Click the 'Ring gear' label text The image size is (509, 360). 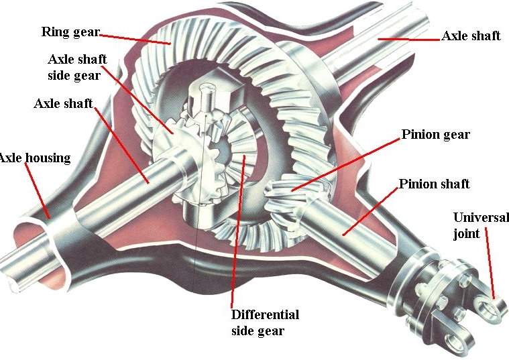click(x=70, y=32)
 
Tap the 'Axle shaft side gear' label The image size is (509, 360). click(x=77, y=67)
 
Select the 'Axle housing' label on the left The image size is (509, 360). click(x=34, y=158)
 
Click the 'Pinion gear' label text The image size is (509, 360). click(x=436, y=135)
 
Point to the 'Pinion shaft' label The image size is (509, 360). click(x=434, y=184)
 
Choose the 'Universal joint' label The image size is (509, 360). click(x=481, y=225)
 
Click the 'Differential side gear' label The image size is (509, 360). click(x=264, y=322)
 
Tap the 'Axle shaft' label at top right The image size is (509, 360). click(x=471, y=36)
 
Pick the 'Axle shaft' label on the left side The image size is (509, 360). click(x=63, y=104)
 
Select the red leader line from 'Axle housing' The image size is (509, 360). click(x=39, y=191)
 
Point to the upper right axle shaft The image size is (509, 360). click(x=376, y=50)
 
